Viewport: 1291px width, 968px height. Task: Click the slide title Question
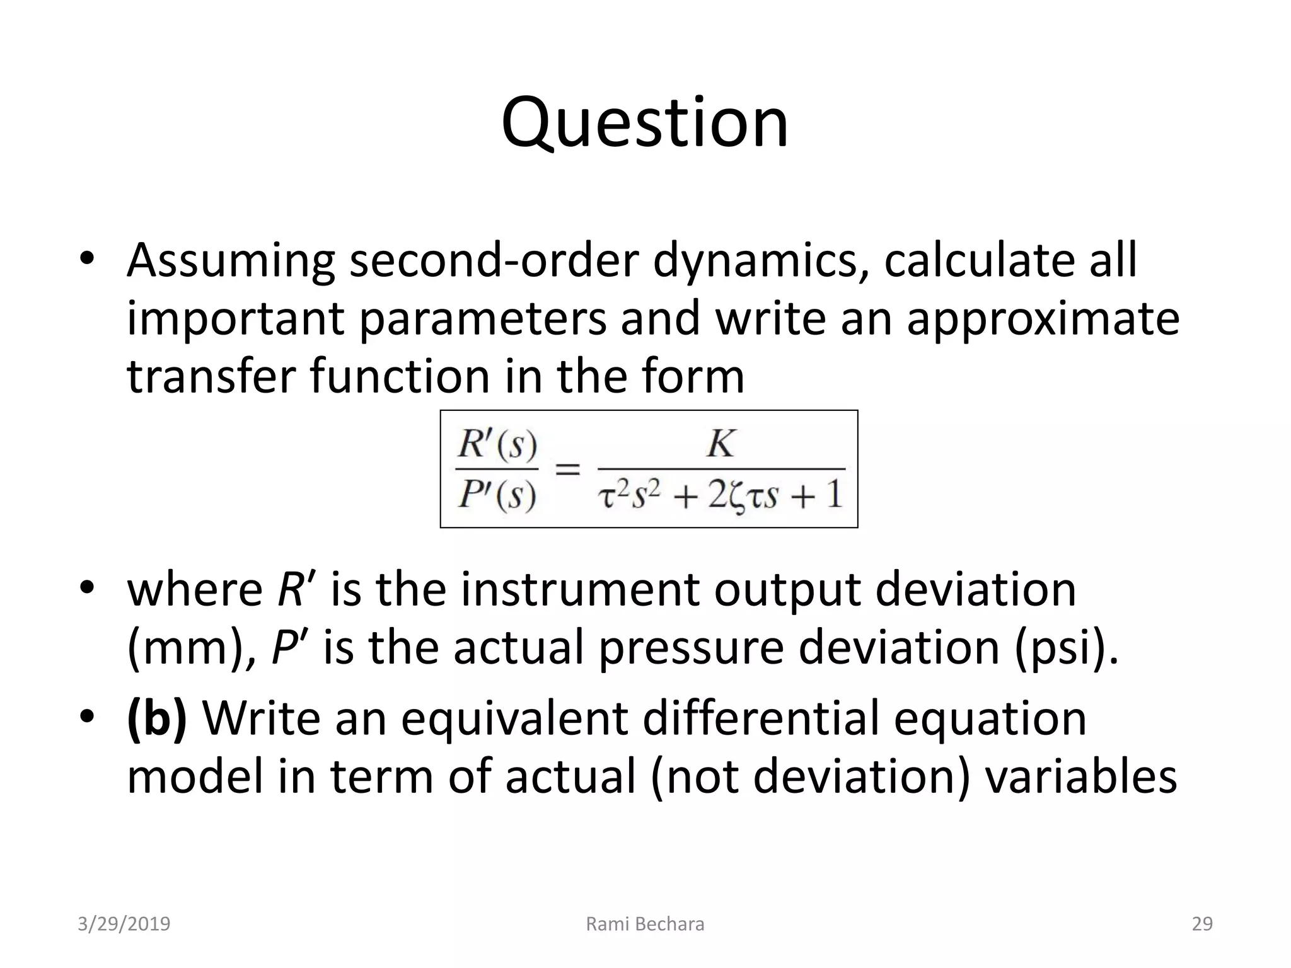coord(644,122)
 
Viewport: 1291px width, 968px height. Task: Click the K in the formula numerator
coord(721,444)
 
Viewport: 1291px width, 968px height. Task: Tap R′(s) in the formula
coord(497,445)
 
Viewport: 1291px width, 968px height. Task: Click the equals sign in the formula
coord(567,470)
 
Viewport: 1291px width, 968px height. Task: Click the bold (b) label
coord(156,718)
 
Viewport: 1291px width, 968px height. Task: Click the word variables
coord(1080,776)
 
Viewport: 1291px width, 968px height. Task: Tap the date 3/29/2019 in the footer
coord(124,924)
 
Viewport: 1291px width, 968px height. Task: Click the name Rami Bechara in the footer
coord(645,924)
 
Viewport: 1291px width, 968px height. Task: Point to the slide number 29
coord(1201,924)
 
